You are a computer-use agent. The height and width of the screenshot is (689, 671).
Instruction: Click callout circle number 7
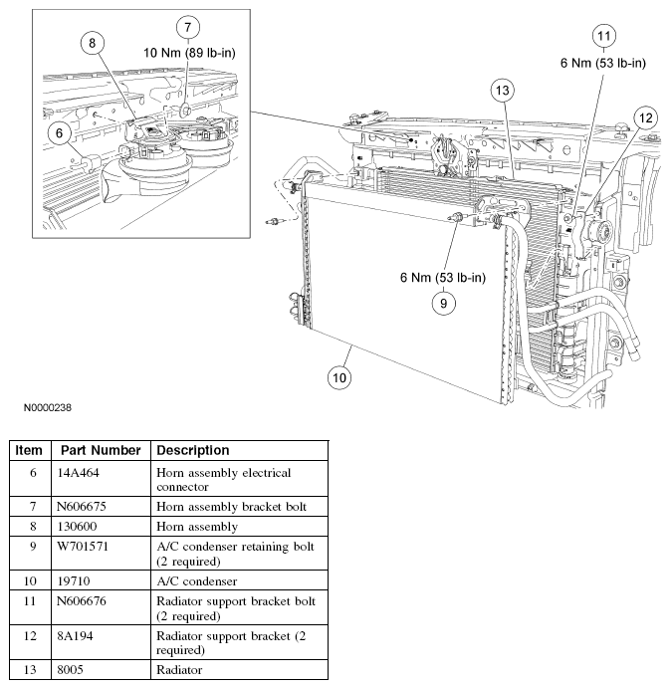188,27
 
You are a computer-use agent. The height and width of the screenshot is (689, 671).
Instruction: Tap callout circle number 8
92,43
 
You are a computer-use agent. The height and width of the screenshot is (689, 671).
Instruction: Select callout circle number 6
60,131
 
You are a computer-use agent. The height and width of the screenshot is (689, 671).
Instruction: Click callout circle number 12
645,118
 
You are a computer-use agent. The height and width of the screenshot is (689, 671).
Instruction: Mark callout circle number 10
340,377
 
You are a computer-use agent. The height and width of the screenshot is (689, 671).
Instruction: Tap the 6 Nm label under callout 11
603,63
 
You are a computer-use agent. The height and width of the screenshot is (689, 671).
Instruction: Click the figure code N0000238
42,407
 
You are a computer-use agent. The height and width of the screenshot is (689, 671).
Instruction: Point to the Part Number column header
99,450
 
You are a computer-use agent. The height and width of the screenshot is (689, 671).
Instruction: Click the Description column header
193,450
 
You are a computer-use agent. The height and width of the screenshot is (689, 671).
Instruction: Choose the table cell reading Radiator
179,670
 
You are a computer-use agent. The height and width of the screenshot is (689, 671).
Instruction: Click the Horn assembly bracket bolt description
231,507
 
